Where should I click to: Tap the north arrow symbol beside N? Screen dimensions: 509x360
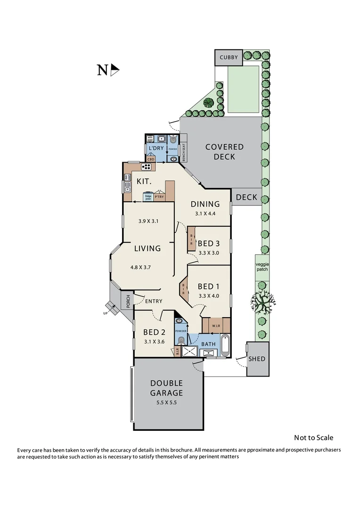115,70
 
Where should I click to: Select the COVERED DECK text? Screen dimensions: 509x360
224,151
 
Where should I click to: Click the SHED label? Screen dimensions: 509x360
257,359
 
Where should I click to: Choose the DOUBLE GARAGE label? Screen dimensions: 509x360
166,388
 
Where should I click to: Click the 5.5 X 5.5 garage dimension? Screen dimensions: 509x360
166,402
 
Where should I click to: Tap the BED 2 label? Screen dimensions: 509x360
154,332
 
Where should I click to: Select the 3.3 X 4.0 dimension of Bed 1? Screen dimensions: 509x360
209,296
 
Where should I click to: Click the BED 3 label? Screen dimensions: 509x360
208,243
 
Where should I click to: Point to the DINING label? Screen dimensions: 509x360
205,204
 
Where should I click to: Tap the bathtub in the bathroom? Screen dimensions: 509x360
225,345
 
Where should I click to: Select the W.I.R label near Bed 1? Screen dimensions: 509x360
216,325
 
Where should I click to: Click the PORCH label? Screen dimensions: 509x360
127,301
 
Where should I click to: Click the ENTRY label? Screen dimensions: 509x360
154,301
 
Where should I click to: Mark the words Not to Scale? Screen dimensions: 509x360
313,438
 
